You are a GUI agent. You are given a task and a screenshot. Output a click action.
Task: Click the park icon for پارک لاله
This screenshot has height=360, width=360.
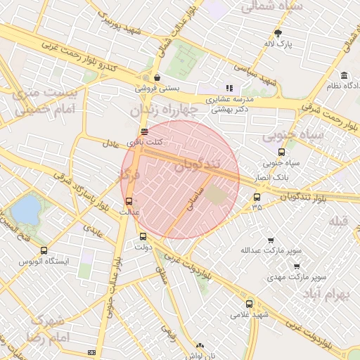(x=278, y=33)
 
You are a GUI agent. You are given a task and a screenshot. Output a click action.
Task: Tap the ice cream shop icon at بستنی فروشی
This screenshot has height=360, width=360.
(x=156, y=77)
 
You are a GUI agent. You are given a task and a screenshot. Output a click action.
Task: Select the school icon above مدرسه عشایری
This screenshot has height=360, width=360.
(x=229, y=89)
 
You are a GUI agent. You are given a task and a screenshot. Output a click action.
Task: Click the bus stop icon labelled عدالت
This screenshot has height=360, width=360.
(x=127, y=200)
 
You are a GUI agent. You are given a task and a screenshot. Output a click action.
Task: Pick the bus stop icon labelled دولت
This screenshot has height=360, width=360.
(x=143, y=236)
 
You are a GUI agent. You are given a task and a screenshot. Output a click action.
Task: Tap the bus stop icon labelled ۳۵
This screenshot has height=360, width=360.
(x=257, y=197)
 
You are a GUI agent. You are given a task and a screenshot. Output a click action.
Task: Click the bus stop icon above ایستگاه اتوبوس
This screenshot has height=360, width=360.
(x=44, y=250)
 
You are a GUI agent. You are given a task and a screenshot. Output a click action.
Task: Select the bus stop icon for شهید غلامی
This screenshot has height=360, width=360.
(x=249, y=304)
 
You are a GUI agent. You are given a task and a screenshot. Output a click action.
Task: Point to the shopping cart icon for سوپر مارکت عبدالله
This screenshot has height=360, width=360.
(x=271, y=240)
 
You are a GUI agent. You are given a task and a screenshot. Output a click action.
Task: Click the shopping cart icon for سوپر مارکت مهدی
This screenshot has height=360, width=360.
(x=296, y=266)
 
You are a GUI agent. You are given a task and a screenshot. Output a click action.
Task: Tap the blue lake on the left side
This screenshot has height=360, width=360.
(x=27, y=210)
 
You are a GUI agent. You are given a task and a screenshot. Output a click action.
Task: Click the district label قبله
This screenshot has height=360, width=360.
(x=339, y=221)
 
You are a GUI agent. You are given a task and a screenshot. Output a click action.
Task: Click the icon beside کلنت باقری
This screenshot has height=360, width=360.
(x=144, y=131)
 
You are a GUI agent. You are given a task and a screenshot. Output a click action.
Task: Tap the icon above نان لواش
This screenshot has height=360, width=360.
(x=201, y=346)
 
